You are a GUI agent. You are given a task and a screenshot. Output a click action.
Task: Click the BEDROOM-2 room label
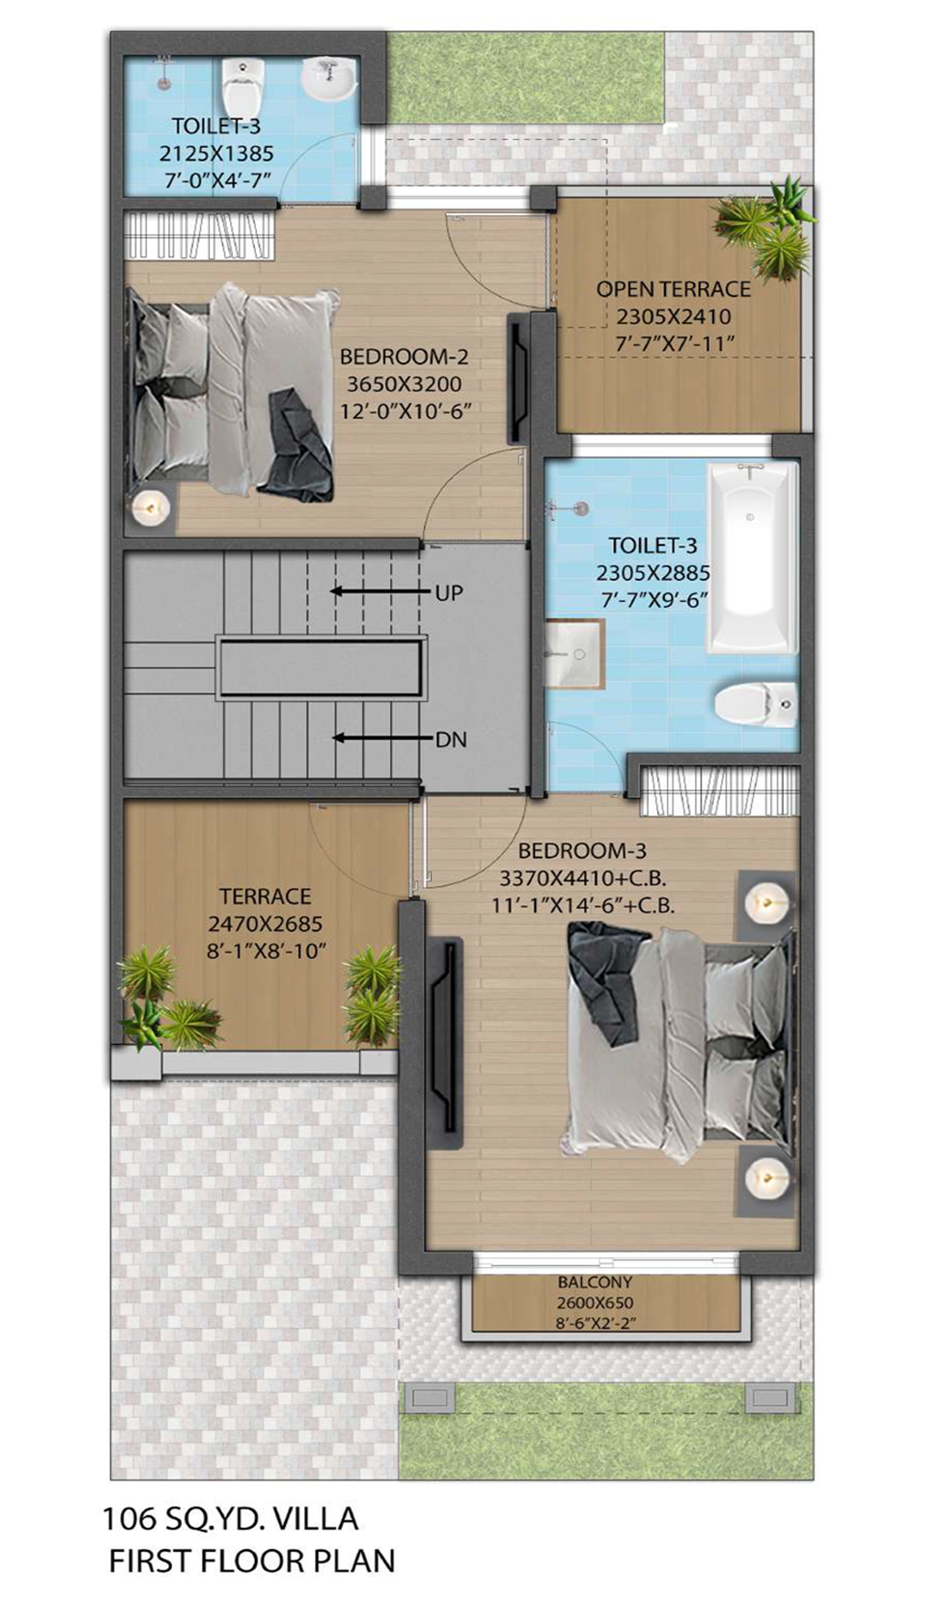pyautogui.click(x=404, y=356)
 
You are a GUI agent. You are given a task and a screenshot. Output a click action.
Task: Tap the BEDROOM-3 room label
pyautogui.click(x=582, y=850)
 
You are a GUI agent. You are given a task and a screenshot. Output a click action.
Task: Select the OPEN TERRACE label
pyautogui.click(x=673, y=289)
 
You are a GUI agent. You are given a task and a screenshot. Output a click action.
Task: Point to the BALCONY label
pyautogui.click(x=595, y=1283)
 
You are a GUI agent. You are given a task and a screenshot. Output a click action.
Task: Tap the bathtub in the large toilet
pyautogui.click(x=753, y=557)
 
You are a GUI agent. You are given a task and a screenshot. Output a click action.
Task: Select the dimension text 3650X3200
pyautogui.click(x=404, y=384)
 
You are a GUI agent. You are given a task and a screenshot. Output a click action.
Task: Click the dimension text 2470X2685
pyautogui.click(x=265, y=923)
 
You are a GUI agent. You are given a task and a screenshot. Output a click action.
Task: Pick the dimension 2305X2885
pyautogui.click(x=652, y=573)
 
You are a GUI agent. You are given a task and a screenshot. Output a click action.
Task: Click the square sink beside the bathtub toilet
pyautogui.click(x=574, y=653)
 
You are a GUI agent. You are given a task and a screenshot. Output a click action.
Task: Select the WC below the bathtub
pyautogui.click(x=756, y=704)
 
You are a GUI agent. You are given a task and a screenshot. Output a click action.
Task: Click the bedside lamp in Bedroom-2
pyautogui.click(x=150, y=508)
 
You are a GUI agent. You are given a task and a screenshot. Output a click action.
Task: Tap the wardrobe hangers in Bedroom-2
pyautogui.click(x=199, y=234)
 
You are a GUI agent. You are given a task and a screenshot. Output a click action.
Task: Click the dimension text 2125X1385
pyautogui.click(x=217, y=153)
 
